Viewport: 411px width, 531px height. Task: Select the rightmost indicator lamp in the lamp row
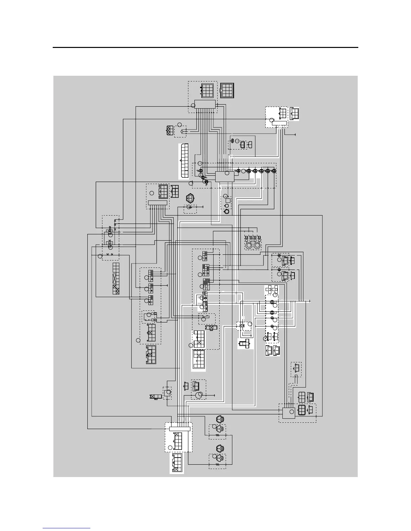click(274, 171)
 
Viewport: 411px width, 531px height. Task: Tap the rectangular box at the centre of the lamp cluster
click(224, 176)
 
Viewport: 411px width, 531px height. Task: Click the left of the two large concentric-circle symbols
click(249, 246)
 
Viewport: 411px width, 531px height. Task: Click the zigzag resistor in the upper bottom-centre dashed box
click(217, 435)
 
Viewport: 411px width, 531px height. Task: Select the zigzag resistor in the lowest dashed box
click(217, 465)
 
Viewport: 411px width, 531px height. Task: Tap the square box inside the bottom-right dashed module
click(288, 413)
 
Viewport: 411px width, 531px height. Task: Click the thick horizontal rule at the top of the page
click(205, 48)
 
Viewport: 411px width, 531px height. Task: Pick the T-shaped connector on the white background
click(245, 343)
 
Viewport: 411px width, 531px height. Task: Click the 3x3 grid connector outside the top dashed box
click(228, 90)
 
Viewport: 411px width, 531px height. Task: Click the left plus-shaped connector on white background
click(269, 289)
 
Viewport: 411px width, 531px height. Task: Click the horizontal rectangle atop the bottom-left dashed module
click(180, 429)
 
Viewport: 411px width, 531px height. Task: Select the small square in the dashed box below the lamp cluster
click(228, 200)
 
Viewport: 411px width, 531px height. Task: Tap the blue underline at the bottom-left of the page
click(66, 529)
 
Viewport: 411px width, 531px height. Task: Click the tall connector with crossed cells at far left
click(116, 279)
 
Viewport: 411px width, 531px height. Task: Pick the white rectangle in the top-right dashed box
click(279, 123)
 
